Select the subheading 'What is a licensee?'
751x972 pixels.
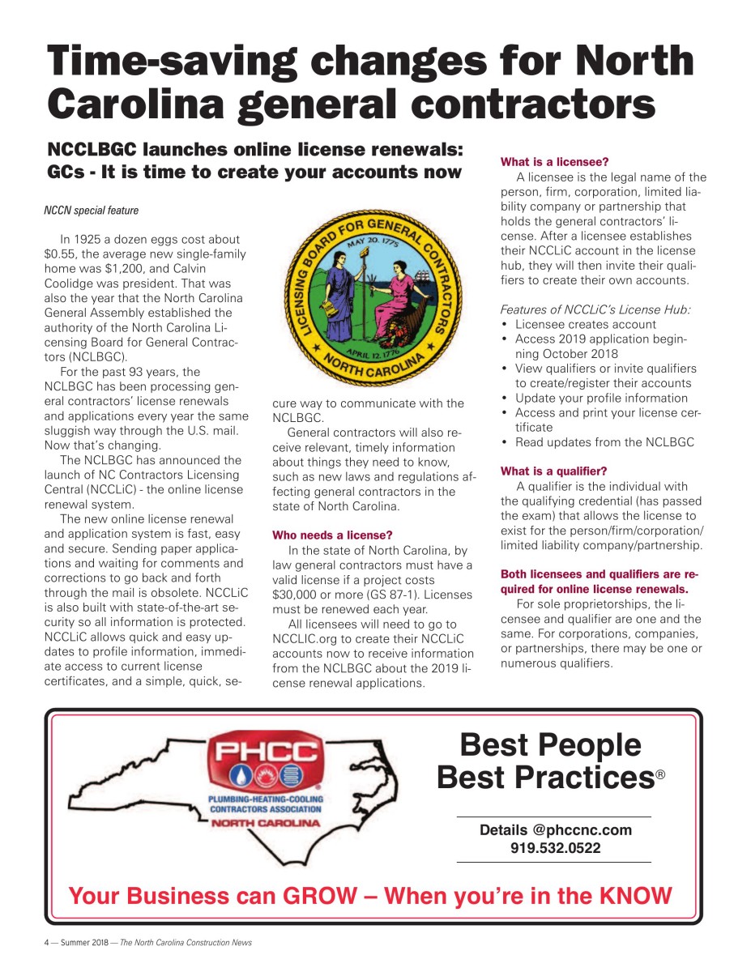point(554,162)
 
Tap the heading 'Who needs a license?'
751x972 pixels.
point(332,535)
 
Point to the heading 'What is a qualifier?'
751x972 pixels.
point(553,471)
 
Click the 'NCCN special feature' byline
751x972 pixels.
point(91,211)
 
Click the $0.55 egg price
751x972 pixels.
point(61,254)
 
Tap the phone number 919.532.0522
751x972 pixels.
point(555,848)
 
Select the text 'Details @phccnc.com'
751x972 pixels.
point(555,830)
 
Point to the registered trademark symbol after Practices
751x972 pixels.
point(660,776)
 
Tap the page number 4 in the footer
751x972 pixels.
point(46,943)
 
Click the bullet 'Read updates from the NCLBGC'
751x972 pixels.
point(604,442)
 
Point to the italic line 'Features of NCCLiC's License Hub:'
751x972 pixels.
point(595,309)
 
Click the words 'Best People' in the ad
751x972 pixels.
point(550,744)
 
